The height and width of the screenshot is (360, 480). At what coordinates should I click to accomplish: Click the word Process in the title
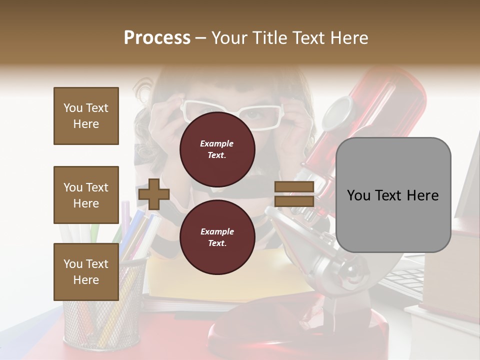pos(157,37)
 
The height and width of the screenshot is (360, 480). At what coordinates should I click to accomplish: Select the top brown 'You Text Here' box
pos(86,116)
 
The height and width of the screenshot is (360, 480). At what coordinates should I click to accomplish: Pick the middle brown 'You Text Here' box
pos(86,195)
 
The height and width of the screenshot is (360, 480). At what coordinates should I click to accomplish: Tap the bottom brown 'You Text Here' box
pos(86,271)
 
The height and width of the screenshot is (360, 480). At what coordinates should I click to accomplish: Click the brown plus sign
pos(154,194)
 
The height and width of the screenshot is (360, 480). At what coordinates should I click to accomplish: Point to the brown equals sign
pos(294,194)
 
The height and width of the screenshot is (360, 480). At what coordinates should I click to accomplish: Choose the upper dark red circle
pos(217,149)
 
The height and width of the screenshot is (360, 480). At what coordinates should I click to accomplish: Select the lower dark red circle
pos(217,237)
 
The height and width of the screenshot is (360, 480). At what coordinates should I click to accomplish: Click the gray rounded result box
pos(393,195)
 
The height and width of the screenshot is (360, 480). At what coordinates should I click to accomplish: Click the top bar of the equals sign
pos(294,187)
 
